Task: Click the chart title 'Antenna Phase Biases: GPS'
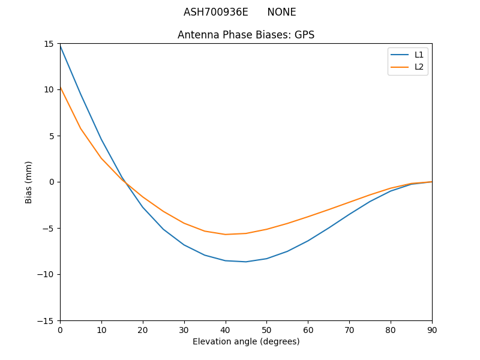coord(245,35)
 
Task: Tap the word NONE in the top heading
coord(281,12)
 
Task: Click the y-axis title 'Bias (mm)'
coord(29,182)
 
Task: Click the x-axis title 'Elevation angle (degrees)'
coord(245,341)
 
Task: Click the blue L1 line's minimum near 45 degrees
coord(246,262)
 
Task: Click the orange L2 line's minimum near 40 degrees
coord(226,235)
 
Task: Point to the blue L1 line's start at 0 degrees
coord(61,46)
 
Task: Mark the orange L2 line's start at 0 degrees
coord(61,88)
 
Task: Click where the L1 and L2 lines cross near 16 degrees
coord(126,184)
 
